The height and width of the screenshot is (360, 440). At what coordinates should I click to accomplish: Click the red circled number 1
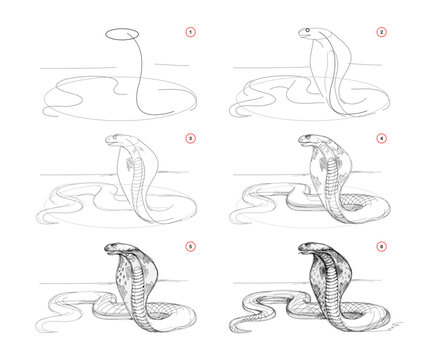(187, 33)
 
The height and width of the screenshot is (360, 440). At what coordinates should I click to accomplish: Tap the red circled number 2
(380, 33)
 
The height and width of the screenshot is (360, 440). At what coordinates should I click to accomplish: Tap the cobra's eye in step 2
(308, 34)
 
